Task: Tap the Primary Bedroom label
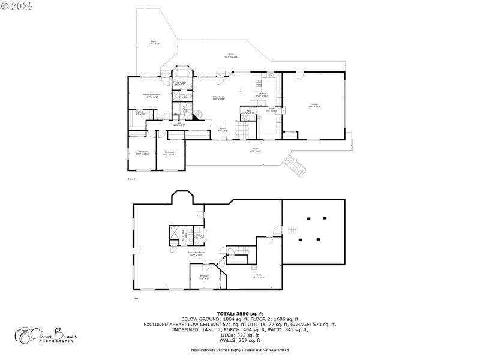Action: coord(151,95)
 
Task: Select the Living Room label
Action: coord(218,98)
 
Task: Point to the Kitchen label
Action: coord(262,94)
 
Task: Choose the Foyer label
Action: coord(221,128)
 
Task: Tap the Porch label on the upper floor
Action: coord(255,150)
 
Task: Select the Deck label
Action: coord(154,43)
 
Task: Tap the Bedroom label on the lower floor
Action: coord(205,277)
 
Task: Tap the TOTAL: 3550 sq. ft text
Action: coord(239,314)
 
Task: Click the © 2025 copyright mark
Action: coord(17,5)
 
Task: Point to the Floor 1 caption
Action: coord(136,298)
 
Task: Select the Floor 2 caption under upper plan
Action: coord(132,179)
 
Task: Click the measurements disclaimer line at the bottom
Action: coord(239,350)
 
